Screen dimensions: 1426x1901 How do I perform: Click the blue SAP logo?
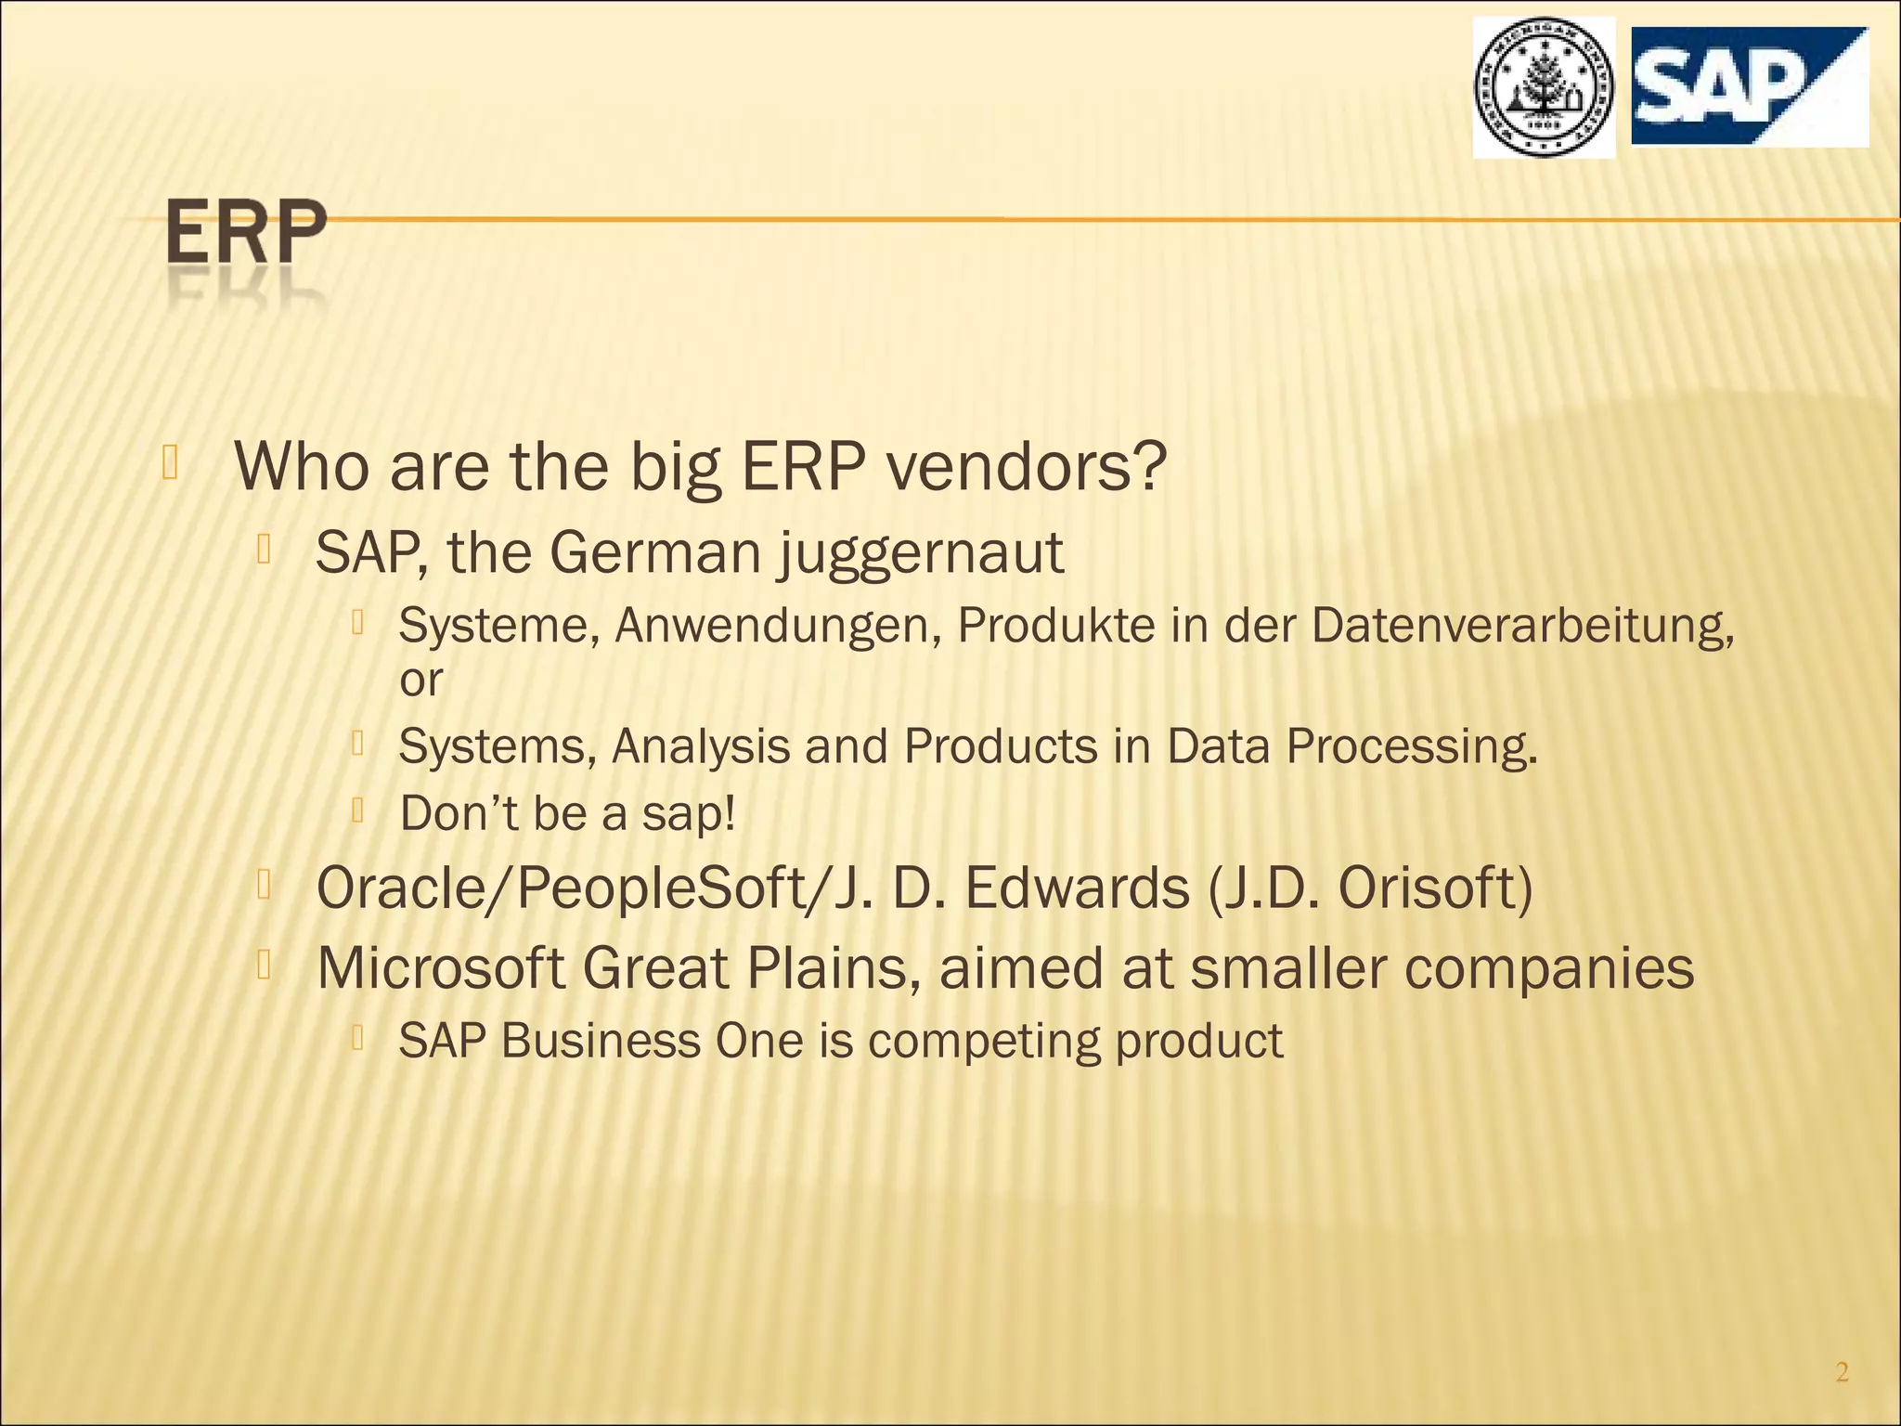click(x=1749, y=86)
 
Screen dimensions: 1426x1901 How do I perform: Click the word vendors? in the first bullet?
click(x=1025, y=467)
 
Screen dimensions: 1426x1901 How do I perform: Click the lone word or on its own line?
click(x=420, y=681)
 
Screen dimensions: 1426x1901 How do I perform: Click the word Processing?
click(x=1411, y=747)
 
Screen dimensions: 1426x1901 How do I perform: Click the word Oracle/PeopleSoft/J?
click(x=595, y=888)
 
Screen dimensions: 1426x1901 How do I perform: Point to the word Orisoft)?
click(x=1435, y=888)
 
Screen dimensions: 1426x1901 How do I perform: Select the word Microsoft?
click(x=441, y=968)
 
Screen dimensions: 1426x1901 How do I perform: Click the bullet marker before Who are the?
click(x=169, y=462)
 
